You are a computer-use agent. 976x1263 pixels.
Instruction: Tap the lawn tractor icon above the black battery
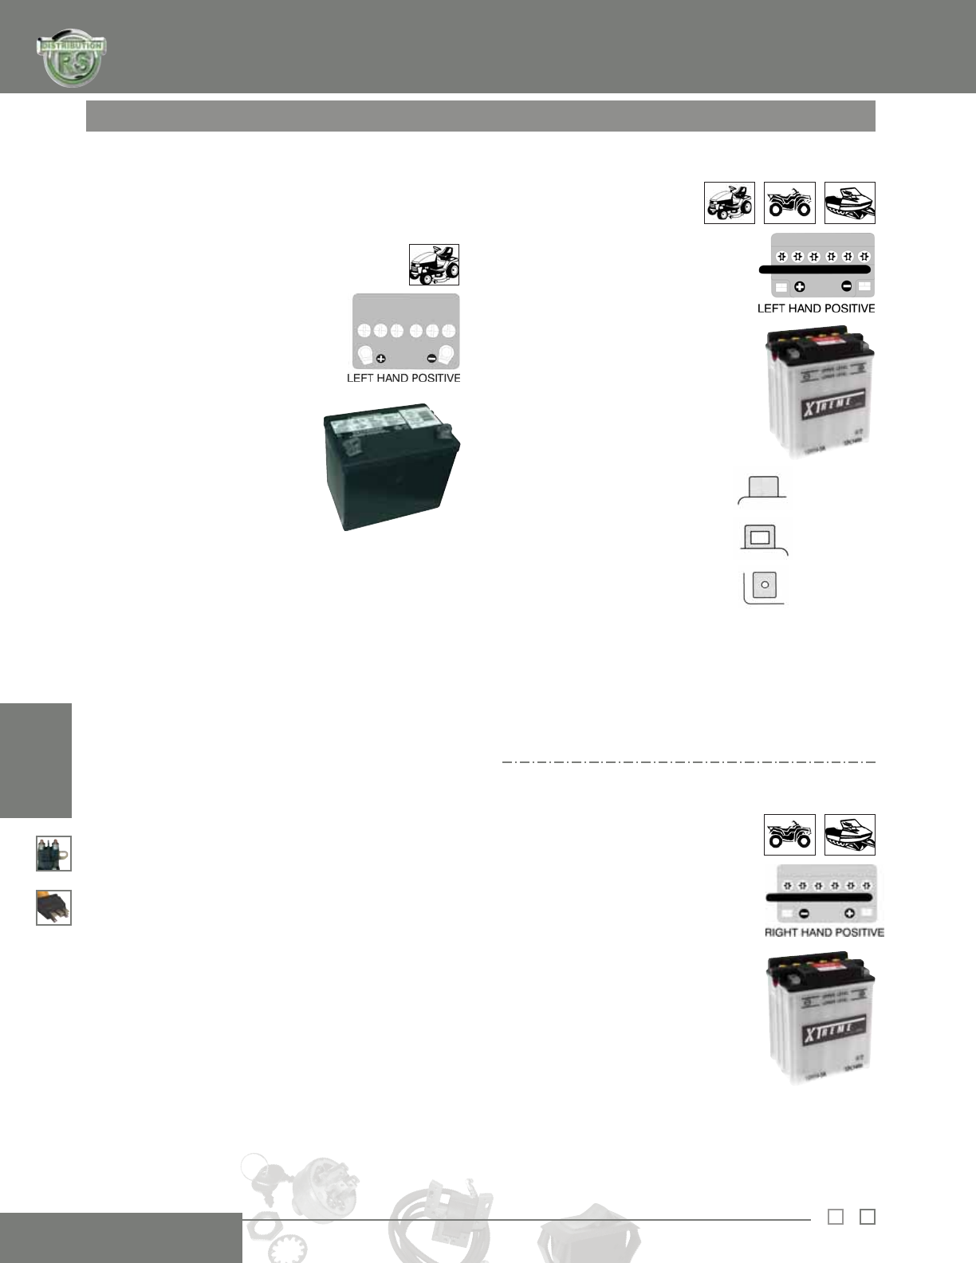(x=434, y=265)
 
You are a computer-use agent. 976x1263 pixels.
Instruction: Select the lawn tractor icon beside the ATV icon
(x=730, y=203)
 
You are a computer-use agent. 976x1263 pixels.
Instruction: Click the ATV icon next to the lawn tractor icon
(x=789, y=203)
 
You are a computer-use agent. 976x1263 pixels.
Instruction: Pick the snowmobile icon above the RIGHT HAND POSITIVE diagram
(x=849, y=835)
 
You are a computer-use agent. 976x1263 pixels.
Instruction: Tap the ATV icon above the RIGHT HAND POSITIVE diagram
(x=789, y=835)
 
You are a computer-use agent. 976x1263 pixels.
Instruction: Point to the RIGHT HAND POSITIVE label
(x=824, y=932)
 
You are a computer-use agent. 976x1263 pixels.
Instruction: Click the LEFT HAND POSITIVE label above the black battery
(x=403, y=378)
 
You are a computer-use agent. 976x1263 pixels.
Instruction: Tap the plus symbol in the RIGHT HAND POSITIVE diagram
(x=850, y=914)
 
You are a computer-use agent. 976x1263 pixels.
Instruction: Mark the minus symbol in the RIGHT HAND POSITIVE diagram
(x=805, y=914)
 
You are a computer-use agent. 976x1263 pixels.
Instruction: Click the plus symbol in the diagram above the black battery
(x=381, y=359)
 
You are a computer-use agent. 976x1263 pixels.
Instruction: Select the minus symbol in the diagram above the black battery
(x=432, y=359)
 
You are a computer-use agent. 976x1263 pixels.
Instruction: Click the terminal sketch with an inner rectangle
(x=761, y=537)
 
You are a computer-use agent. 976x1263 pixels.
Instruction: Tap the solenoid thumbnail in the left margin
(x=53, y=853)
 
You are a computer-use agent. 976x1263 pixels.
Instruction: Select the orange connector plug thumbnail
(x=53, y=907)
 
